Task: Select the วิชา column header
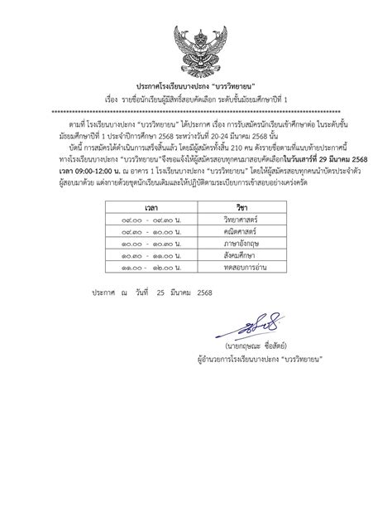[241, 205]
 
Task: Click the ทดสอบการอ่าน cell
[244, 273]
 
